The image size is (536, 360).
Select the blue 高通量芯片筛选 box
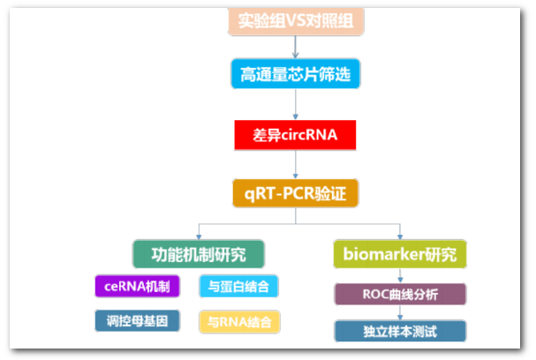pos(296,74)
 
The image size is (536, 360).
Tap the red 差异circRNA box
pos(296,136)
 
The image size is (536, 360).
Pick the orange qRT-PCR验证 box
pos(296,192)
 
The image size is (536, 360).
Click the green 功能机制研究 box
pos(200,254)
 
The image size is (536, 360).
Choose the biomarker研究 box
pos(400,254)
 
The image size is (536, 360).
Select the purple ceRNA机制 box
pos(137,287)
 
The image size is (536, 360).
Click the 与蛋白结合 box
pos(239,287)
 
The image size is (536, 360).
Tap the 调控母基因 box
pos(137,320)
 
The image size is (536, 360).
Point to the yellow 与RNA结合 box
pos(239,321)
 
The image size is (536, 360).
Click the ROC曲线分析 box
pos(399,294)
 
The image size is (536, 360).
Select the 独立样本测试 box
pos(399,331)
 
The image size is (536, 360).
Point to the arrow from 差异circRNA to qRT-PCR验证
pos(296,164)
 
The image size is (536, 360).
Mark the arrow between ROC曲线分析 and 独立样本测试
pos(399,312)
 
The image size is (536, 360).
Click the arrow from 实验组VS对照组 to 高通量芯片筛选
pos(296,47)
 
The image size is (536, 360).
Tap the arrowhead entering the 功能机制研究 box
pos(200,236)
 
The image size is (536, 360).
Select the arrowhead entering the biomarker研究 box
pos(400,236)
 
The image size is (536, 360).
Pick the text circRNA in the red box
pos(311,136)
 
